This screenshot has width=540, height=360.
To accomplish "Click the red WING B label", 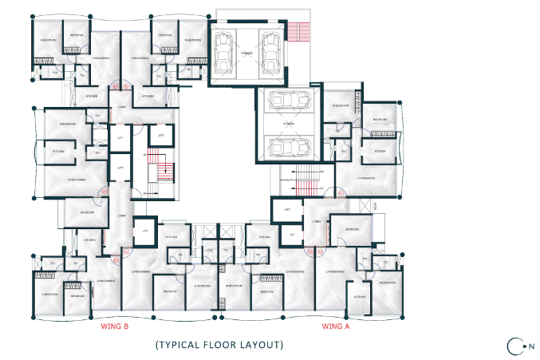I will click(114, 326).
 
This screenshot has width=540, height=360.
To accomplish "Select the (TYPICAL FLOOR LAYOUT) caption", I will click(219, 345).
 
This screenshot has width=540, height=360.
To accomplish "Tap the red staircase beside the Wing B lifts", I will click(164, 170).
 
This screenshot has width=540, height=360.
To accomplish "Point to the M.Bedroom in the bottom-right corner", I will click(387, 283).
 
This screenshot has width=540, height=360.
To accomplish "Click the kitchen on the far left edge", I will click(58, 151).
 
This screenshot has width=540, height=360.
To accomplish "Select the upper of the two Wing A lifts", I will click(286, 210).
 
